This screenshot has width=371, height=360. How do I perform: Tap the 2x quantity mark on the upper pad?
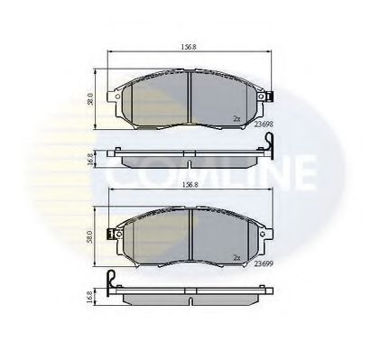point(237,118)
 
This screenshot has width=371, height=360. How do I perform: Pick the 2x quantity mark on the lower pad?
point(237,256)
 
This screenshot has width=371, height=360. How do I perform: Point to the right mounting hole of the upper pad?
point(258,94)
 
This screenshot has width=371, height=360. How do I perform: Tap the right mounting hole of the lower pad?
point(258,233)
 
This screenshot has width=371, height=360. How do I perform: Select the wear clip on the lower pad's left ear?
point(112,234)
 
